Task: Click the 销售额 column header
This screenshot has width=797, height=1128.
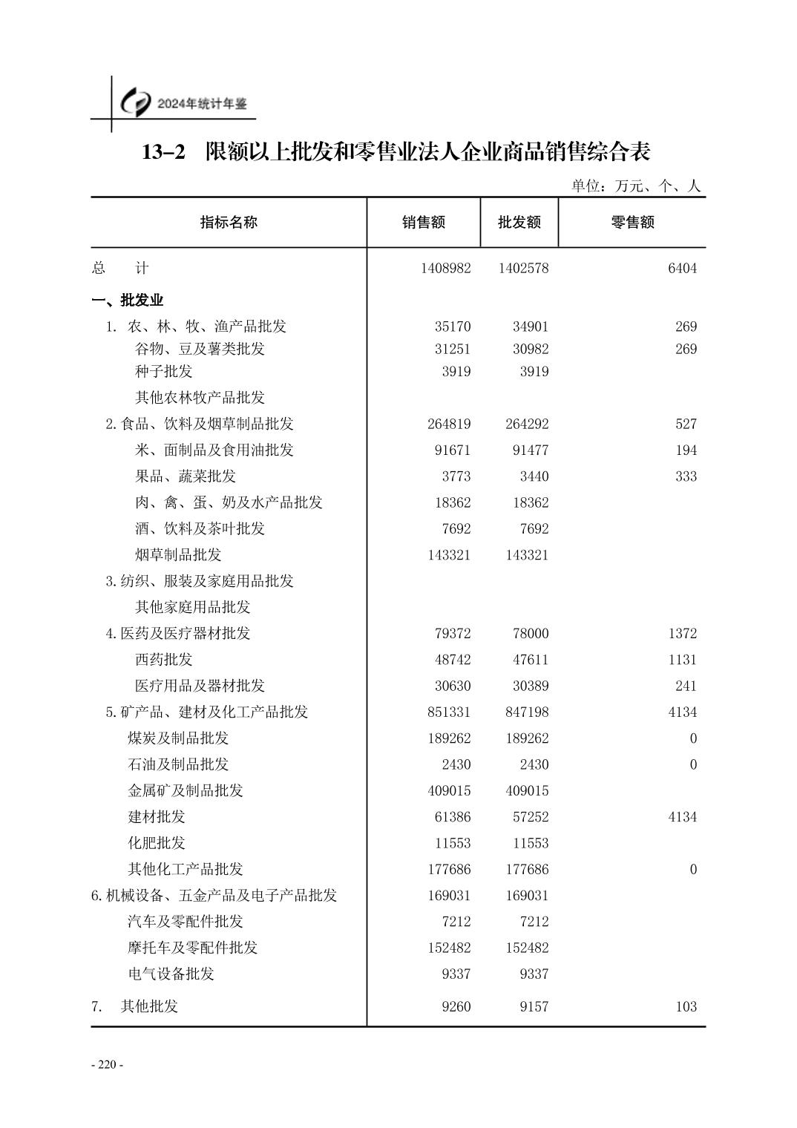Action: (x=424, y=222)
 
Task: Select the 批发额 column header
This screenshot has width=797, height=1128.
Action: (x=519, y=222)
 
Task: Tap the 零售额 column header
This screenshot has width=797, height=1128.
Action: (x=632, y=222)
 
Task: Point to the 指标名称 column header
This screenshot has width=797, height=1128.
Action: (x=229, y=222)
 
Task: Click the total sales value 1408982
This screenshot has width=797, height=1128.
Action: (x=445, y=269)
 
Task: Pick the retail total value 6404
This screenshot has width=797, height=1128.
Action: (x=682, y=269)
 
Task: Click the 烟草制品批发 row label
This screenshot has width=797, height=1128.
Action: (x=178, y=555)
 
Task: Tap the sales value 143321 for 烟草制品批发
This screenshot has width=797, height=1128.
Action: (x=449, y=555)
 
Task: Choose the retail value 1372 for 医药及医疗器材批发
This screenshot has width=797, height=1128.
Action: (x=682, y=634)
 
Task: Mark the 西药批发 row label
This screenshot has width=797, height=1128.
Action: (x=163, y=660)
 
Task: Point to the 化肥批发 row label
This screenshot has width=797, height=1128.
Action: (x=157, y=843)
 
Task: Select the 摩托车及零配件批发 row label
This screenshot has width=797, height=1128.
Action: (x=192, y=948)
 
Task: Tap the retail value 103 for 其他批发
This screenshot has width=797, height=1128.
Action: (x=686, y=1007)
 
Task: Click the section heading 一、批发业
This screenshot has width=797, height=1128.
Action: (x=127, y=301)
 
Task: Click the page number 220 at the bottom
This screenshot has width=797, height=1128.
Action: (x=107, y=1065)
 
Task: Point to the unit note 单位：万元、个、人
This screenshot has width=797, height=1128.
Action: (x=635, y=186)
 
